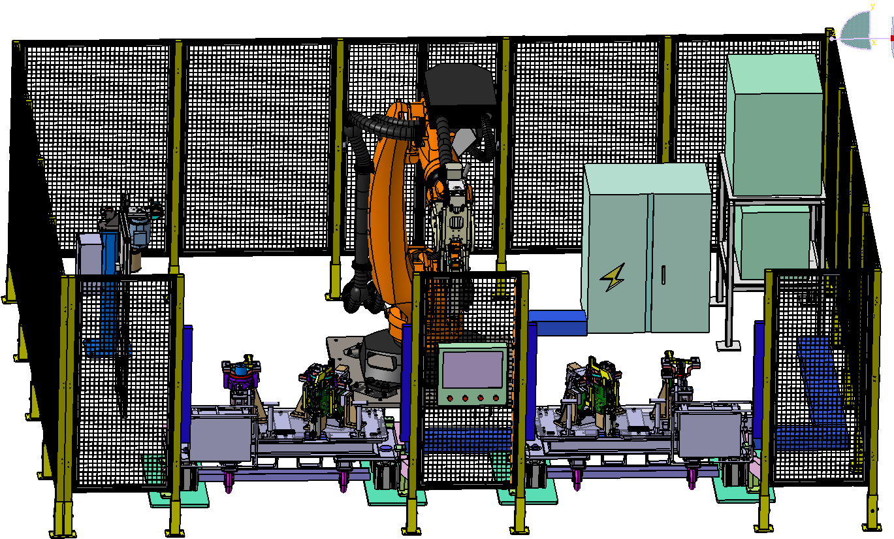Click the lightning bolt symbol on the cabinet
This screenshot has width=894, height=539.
tap(613, 277)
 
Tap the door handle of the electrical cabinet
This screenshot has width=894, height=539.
tap(663, 275)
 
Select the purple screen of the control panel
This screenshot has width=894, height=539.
tap(473, 369)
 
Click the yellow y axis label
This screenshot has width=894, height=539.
tap(872, 6)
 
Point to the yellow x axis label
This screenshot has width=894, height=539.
tap(874, 42)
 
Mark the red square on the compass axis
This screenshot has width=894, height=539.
tap(892, 39)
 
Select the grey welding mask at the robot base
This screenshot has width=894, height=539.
tap(381, 358)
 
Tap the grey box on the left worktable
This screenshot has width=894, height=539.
tap(221, 437)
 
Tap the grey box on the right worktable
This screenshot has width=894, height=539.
tap(710, 435)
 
